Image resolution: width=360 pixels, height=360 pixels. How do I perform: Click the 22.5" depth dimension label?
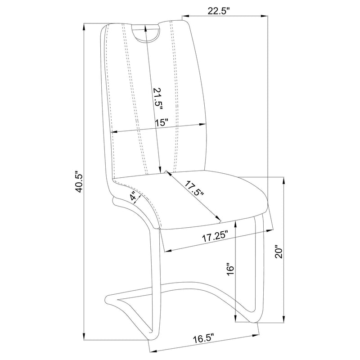[x=219, y=11]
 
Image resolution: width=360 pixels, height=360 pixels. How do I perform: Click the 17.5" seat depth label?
[x=194, y=189]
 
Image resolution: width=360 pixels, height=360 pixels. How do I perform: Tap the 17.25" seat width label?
[x=215, y=237]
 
